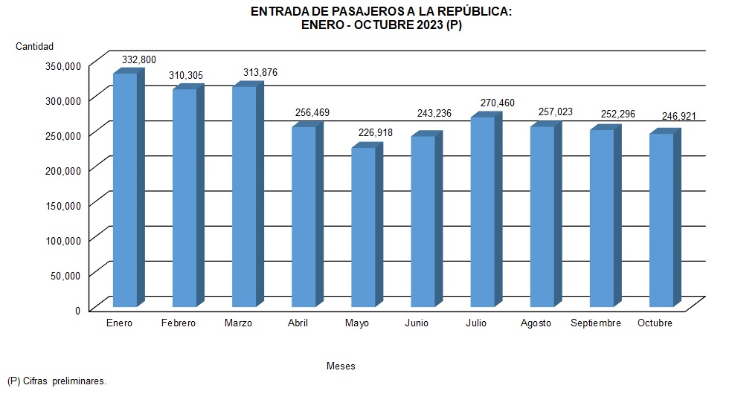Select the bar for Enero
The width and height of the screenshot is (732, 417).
click(x=124, y=190)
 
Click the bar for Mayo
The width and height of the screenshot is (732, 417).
click(x=363, y=227)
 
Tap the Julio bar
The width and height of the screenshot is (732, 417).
click(x=482, y=212)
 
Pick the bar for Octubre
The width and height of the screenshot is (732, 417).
click(x=661, y=220)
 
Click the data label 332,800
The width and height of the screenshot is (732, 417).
click(x=139, y=59)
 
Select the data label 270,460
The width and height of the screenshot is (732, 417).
click(x=497, y=103)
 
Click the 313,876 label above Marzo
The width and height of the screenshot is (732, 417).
click(x=260, y=72)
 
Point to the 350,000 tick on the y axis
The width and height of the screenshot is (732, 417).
click(x=62, y=65)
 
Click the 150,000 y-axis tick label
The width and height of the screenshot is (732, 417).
click(x=62, y=204)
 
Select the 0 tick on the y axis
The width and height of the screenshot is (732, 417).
click(x=77, y=309)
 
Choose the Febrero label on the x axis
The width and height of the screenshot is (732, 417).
click(x=178, y=323)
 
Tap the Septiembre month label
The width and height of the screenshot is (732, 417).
click(x=595, y=323)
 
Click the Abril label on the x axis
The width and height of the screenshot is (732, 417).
click(x=298, y=323)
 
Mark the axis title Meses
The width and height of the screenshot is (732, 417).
click(x=341, y=366)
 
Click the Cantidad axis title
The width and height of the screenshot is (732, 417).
click(x=35, y=47)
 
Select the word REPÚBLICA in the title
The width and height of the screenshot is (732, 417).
click(x=471, y=12)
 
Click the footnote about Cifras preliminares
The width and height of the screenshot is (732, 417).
click(x=57, y=381)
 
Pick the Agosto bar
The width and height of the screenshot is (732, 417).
click(x=542, y=216)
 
